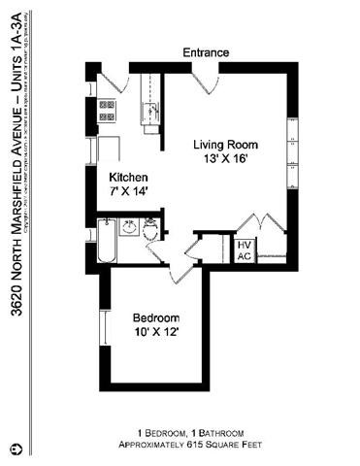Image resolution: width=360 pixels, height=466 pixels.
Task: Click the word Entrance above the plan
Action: pyautogui.click(x=205, y=52)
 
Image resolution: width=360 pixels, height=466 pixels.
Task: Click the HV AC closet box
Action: pyautogui.click(x=245, y=250)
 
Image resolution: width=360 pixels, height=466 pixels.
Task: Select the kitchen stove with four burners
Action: pyautogui.click(x=107, y=110)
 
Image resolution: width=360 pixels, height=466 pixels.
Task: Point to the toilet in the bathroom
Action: pyautogui.click(x=150, y=229)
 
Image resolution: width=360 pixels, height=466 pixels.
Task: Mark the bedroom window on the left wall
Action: pyautogui.click(x=102, y=325)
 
